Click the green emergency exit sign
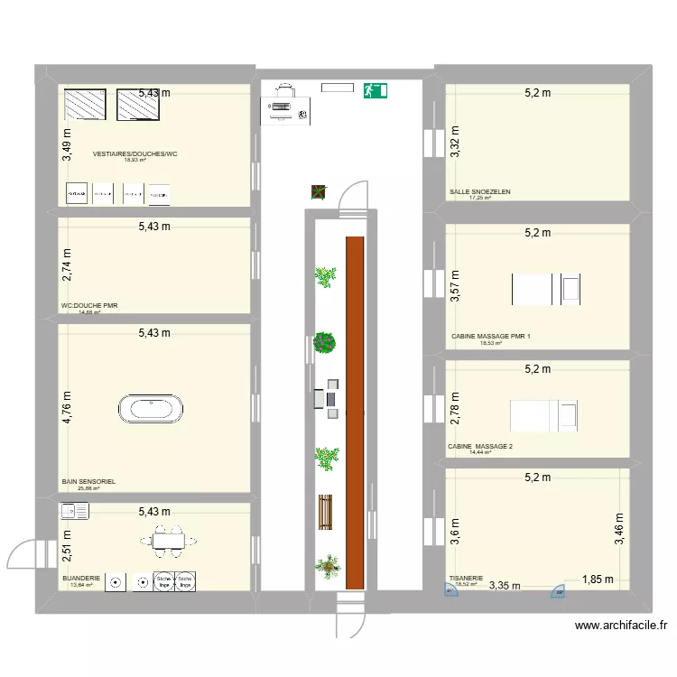[375, 90]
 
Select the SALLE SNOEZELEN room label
[480, 192]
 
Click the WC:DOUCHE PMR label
[89, 306]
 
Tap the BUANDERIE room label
[81, 576]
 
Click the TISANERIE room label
[467, 579]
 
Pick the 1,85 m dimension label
[597, 580]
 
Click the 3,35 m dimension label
[505, 585]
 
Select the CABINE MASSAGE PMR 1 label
[491, 337]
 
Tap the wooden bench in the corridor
[325, 513]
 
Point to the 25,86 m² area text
[89, 489]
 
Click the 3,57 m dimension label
[456, 286]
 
